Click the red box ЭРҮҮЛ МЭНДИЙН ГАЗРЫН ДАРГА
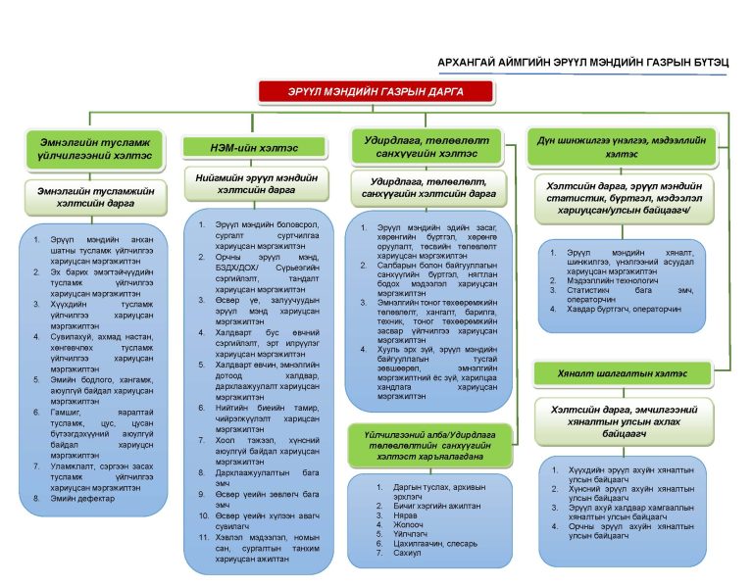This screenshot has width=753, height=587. (x=377, y=91)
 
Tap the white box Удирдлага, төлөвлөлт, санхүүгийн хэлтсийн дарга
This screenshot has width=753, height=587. (x=427, y=187)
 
